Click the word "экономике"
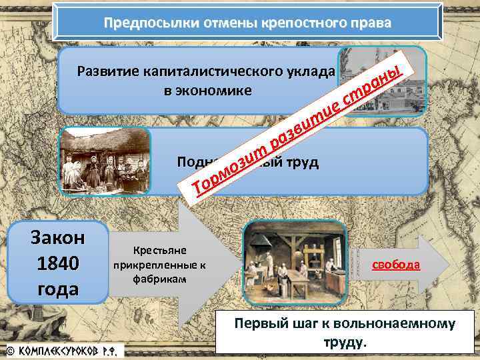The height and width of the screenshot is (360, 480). click(x=208, y=91)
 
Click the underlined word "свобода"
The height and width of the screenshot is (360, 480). click(x=396, y=265)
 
